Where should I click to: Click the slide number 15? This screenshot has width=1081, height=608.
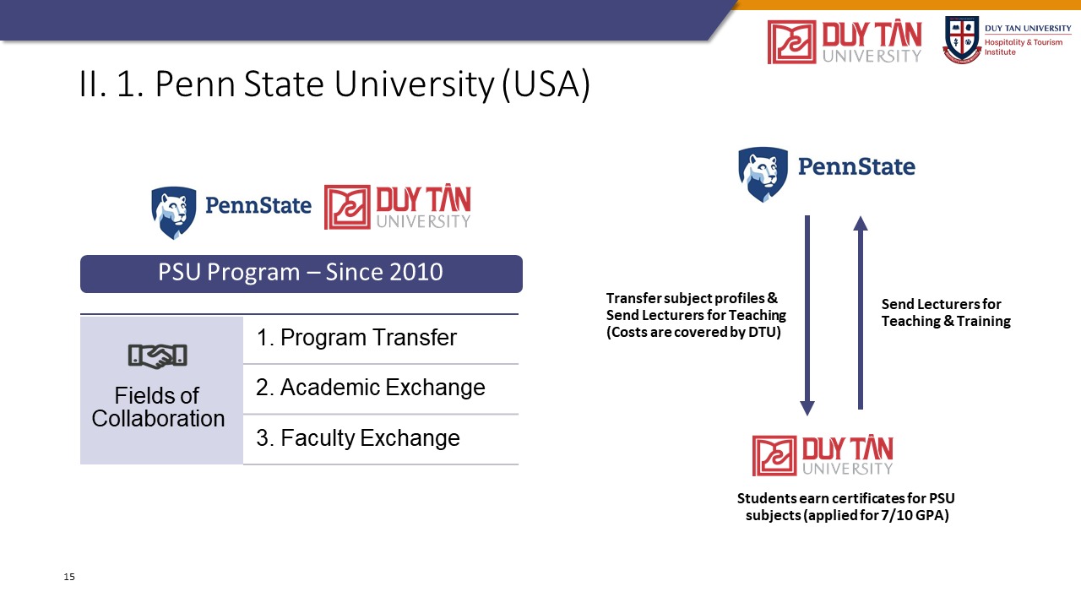[x=69, y=577]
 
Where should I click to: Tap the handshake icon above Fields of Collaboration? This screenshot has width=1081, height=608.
[x=157, y=356]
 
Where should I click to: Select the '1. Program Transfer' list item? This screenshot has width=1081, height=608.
[x=356, y=337]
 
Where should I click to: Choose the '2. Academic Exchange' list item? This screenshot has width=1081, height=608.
[x=370, y=388]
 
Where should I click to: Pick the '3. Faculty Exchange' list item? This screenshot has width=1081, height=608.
[x=357, y=438]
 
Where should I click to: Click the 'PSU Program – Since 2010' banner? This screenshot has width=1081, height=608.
[x=301, y=274]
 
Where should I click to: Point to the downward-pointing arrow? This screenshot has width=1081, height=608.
[x=807, y=316]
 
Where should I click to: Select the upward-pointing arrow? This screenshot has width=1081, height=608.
[x=861, y=312]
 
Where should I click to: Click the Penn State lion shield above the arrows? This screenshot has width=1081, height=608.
[x=763, y=174]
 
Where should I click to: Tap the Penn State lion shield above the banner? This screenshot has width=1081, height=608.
[x=174, y=213]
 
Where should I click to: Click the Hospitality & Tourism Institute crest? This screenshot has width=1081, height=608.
[x=962, y=40]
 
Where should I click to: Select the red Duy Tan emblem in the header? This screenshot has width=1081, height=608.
[x=792, y=42]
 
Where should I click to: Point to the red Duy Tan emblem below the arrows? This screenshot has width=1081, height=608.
[x=774, y=455]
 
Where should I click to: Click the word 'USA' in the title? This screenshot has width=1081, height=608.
[x=546, y=84]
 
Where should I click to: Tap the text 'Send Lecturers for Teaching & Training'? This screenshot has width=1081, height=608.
[x=946, y=312]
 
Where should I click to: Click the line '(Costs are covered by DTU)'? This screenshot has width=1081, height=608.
[x=693, y=332]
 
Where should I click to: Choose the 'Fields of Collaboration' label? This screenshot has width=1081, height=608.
[x=158, y=407]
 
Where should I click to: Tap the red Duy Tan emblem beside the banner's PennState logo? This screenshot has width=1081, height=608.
[x=347, y=207]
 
